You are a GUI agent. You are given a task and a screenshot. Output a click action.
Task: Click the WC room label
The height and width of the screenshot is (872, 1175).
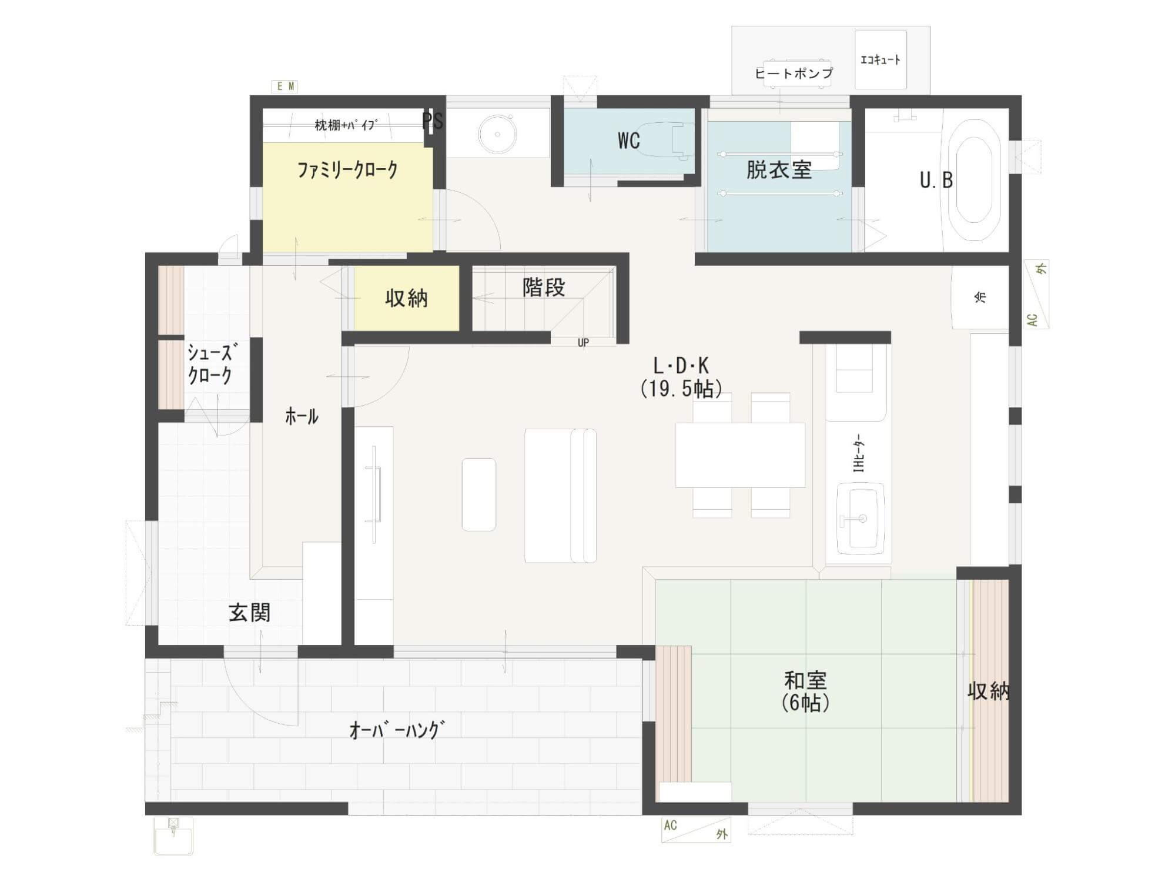[x=628, y=141]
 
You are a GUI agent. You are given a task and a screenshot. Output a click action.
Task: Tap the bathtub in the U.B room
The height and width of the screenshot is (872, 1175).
[x=974, y=180]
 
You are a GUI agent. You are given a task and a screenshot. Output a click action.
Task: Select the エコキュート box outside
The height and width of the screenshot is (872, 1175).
[x=881, y=59]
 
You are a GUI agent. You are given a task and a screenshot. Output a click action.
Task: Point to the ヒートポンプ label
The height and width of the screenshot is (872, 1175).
[x=794, y=73]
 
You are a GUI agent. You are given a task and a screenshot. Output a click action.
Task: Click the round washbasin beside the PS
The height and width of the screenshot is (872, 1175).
[x=497, y=133]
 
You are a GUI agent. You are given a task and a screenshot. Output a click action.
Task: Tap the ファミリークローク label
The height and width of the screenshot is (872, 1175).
[x=347, y=170]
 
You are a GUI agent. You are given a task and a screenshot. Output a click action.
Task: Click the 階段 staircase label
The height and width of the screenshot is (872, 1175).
[x=544, y=288]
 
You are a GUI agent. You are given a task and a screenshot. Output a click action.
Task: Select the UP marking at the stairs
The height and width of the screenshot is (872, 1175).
[x=583, y=342]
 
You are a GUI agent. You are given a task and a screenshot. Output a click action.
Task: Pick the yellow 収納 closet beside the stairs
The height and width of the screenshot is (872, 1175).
[x=407, y=298]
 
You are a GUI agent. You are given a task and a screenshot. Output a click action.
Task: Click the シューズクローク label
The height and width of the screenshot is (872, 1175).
[x=210, y=365]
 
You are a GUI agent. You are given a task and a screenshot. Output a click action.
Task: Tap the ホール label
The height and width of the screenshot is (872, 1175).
[x=302, y=417]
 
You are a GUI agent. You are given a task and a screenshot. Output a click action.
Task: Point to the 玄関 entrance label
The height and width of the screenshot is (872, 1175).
[x=250, y=613]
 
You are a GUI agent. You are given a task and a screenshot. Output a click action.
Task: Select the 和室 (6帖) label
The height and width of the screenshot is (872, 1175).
[x=805, y=691]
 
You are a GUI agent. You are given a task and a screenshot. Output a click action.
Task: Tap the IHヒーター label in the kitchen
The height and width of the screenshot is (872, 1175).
[x=859, y=453]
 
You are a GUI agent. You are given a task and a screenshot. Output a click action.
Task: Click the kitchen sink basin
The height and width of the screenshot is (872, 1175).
[x=860, y=519]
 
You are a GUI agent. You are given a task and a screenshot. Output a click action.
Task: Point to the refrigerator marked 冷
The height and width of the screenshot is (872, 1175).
[x=980, y=298]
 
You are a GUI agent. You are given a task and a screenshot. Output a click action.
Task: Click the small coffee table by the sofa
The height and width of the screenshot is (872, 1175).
[x=479, y=495]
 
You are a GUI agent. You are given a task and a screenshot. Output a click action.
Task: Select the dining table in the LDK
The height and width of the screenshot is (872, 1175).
[x=740, y=455]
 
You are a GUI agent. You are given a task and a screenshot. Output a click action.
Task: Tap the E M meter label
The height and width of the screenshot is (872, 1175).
[x=285, y=86]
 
